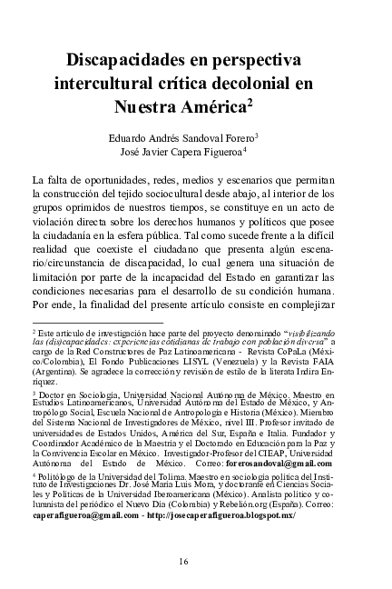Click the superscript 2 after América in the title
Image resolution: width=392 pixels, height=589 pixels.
[x=274, y=103]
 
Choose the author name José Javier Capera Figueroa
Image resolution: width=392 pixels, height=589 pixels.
[x=193, y=153]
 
